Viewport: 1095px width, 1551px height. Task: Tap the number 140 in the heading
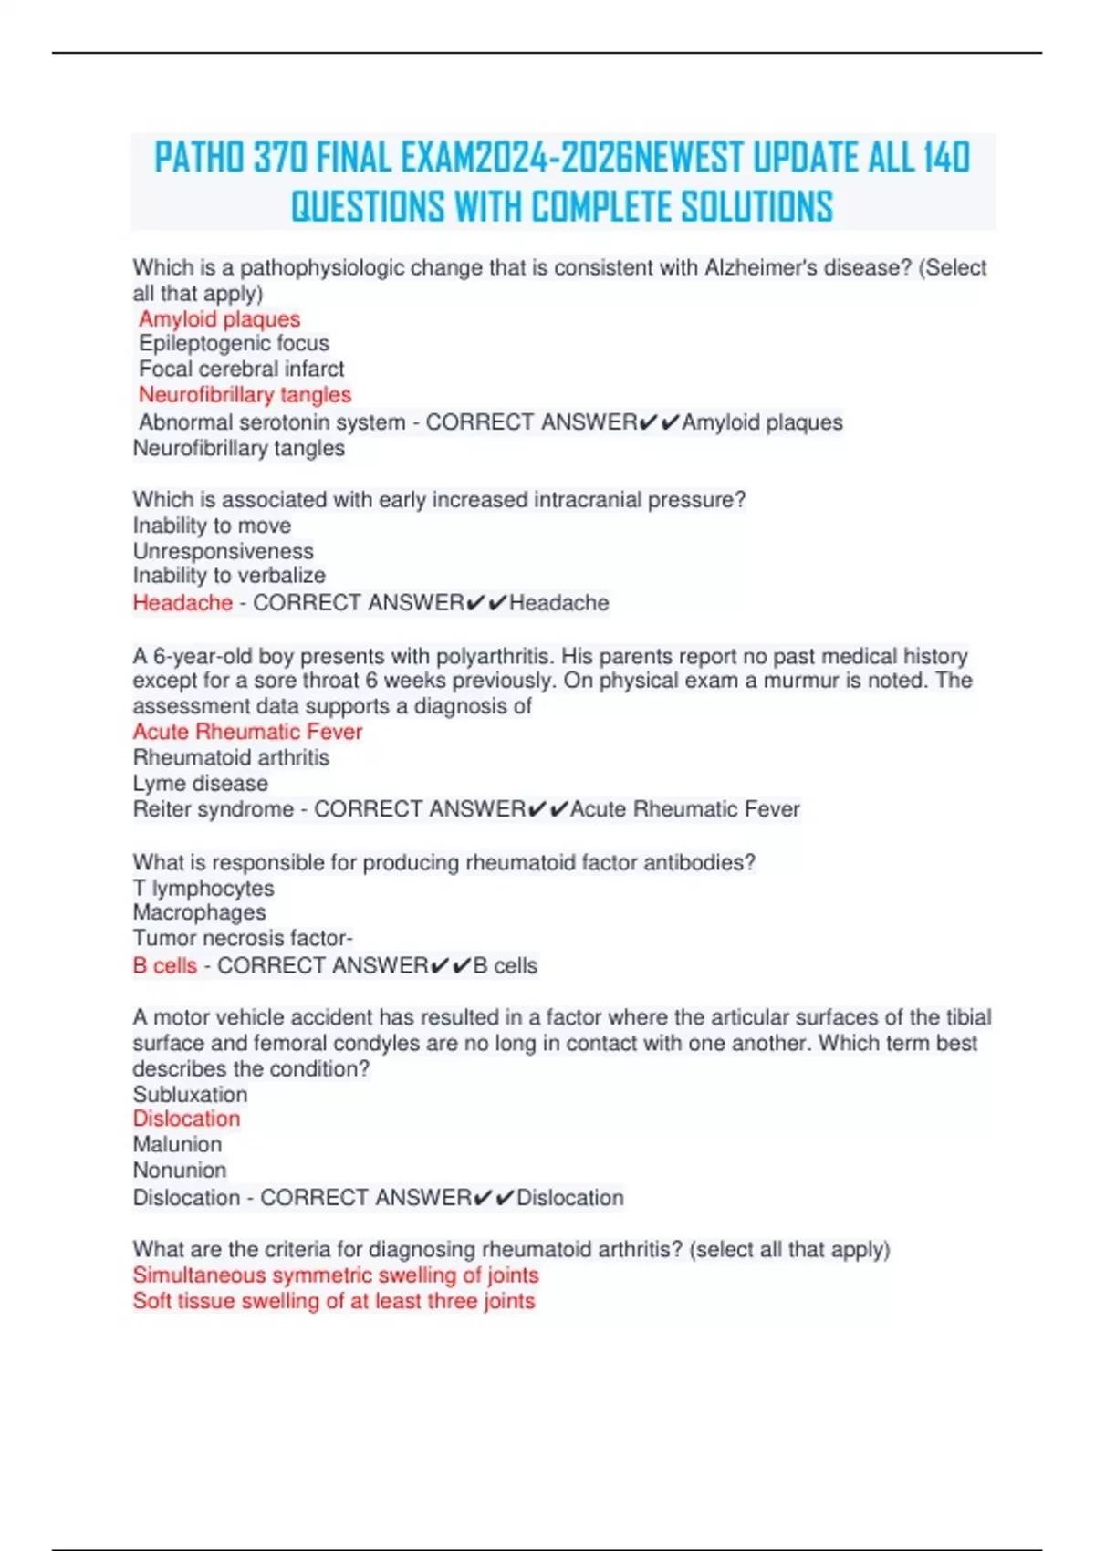(945, 158)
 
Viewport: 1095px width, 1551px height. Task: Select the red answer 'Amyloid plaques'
(219, 318)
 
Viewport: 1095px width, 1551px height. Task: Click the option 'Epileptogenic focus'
(234, 343)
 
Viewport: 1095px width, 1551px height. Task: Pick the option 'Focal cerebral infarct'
(241, 369)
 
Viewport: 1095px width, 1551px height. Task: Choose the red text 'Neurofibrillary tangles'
(245, 394)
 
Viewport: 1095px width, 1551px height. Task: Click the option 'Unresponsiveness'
(223, 551)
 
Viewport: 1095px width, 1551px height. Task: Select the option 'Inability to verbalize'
(229, 576)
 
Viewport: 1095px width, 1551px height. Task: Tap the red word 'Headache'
(182, 602)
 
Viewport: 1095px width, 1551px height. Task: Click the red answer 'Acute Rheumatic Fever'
(247, 732)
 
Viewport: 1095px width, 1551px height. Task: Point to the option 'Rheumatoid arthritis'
(231, 757)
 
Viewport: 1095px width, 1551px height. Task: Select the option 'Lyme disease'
(200, 783)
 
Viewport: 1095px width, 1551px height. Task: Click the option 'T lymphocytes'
(203, 888)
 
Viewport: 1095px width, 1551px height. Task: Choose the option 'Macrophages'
(199, 912)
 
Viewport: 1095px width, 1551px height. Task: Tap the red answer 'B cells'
(164, 965)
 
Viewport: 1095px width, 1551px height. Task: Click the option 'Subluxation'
(190, 1094)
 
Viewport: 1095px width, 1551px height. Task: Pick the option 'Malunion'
(177, 1144)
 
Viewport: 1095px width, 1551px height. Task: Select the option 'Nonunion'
(179, 1170)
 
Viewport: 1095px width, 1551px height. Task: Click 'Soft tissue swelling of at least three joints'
(333, 1301)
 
